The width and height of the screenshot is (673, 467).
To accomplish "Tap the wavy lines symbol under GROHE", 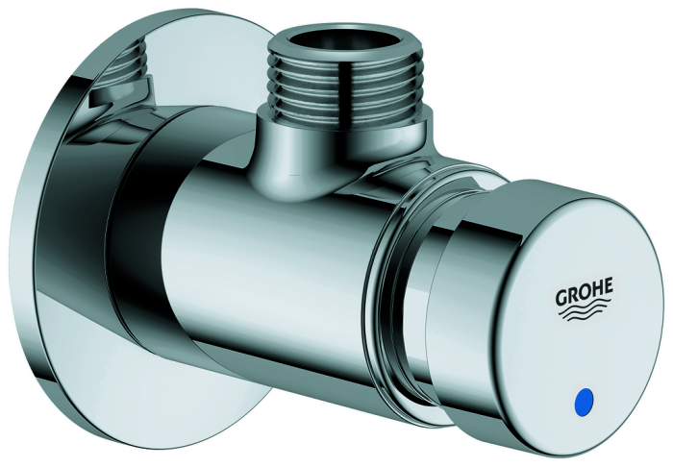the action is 585,313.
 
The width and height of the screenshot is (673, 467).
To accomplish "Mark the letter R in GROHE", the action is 574,296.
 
